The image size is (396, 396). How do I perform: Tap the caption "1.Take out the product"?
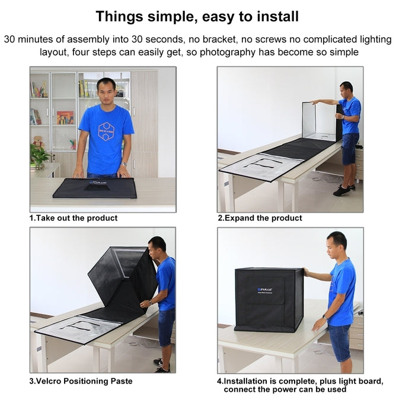tap(74, 218)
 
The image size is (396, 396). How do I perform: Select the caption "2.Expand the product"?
tap(260, 218)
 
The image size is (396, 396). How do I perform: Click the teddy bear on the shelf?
tap(38, 142)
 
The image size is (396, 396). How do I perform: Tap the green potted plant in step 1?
tap(39, 157)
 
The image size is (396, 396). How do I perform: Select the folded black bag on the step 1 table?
tap(95, 188)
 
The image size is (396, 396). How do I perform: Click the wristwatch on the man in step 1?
tap(124, 164)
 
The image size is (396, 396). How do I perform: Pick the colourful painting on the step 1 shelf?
tap(65, 117)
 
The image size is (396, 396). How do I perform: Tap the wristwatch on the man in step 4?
tap(325, 317)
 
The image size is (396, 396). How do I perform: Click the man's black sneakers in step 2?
tap(342, 190)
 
